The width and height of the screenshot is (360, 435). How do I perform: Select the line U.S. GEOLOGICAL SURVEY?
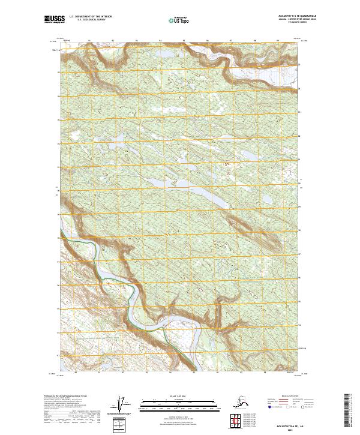[90, 22]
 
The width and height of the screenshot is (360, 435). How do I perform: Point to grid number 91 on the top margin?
[89, 41]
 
